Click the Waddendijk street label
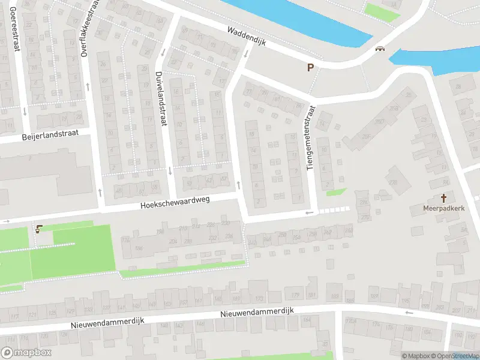tap(251, 37)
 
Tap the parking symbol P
tap(310, 68)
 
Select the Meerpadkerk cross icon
tap(445, 198)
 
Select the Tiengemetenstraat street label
tap(310, 139)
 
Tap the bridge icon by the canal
tap(379, 49)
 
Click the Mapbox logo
tap(26, 352)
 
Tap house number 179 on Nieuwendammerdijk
tap(295, 295)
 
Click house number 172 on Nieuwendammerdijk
tap(259, 298)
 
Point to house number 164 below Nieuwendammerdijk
tap(307, 319)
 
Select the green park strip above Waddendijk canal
tap(382, 10)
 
